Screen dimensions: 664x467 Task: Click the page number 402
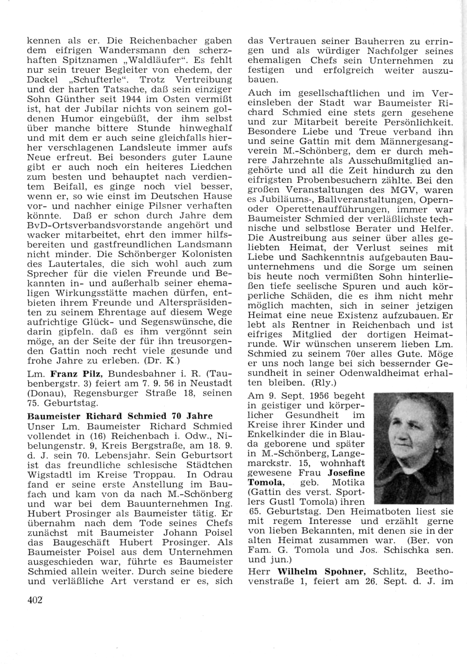click(35, 600)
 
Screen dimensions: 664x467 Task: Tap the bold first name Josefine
click(347, 473)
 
